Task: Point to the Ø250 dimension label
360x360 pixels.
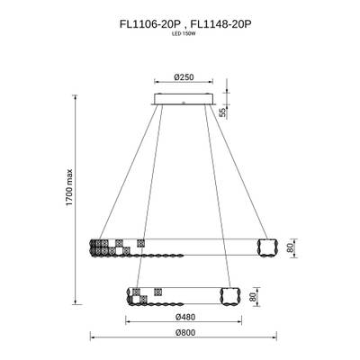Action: [184, 78]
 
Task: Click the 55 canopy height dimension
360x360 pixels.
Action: [222, 112]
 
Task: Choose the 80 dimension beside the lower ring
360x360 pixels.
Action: [254, 296]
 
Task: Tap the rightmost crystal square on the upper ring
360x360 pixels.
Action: [140, 242]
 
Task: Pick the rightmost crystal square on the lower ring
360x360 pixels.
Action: [158, 292]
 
